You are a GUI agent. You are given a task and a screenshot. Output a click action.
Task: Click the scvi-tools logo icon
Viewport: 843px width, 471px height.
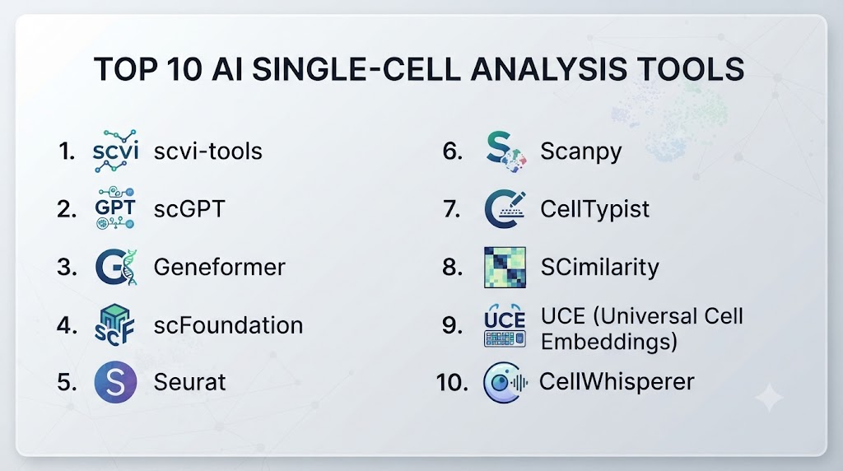tap(115, 151)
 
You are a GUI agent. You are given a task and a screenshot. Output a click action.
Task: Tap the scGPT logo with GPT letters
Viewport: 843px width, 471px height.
tap(115, 208)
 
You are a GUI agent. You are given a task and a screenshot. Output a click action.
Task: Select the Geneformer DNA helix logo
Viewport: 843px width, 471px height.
tap(116, 267)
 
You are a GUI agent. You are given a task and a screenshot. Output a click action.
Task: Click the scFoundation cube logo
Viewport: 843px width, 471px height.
tap(114, 324)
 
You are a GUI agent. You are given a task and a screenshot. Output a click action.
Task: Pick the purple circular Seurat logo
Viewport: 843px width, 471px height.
tap(115, 382)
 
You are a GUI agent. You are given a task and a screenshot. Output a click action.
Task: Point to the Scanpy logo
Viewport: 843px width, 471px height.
tap(505, 152)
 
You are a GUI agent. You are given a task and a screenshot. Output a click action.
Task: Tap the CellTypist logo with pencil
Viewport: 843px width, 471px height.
tap(505, 209)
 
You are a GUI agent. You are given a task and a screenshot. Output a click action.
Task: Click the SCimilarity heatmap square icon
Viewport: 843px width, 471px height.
tap(505, 268)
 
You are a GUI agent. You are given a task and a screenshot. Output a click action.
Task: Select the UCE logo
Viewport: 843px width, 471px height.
tap(505, 325)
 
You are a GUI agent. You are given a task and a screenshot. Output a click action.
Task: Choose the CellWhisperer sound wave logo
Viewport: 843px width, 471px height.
tap(505, 383)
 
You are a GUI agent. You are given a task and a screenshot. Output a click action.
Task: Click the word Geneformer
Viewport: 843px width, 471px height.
tap(219, 268)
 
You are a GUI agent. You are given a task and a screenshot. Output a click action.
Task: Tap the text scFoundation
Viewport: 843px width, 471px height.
tap(229, 325)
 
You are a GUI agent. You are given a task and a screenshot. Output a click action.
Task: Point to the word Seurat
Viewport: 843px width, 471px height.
tap(190, 382)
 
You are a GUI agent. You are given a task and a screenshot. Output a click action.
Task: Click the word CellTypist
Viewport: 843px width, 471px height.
tap(594, 209)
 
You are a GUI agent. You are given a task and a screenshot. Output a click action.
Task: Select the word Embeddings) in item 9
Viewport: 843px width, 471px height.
tap(609, 342)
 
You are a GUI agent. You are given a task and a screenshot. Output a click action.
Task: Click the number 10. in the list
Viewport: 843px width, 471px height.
tap(452, 383)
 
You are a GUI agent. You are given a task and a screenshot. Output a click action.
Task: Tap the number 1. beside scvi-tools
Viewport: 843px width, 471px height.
tap(67, 151)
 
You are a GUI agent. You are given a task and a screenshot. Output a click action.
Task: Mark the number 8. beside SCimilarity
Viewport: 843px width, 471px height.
tap(452, 268)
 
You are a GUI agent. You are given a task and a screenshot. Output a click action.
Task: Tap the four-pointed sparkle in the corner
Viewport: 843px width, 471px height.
tap(770, 398)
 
